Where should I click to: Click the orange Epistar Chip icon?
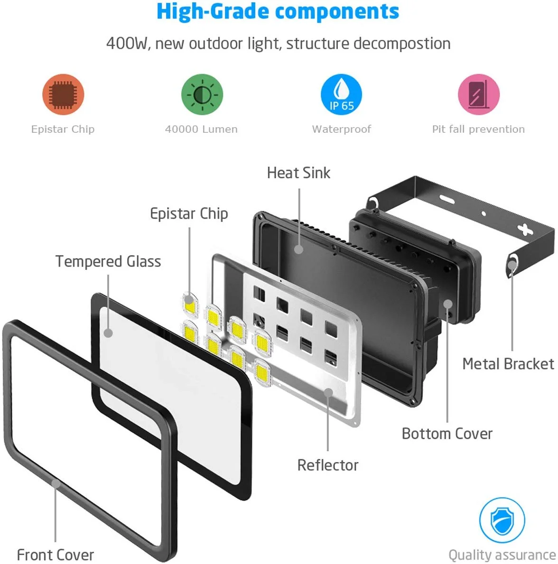click(63, 94)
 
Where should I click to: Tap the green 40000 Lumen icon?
click(202, 94)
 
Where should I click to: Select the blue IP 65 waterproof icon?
click(341, 94)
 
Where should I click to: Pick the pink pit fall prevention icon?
click(478, 94)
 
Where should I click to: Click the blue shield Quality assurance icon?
click(502, 520)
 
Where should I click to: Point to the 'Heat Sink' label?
click(298, 173)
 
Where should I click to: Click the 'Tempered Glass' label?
click(108, 261)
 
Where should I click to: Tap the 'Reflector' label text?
click(328, 465)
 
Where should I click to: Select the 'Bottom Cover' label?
click(447, 434)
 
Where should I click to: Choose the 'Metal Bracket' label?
click(508, 364)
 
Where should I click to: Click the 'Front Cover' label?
click(56, 555)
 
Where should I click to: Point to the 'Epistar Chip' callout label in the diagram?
click(189, 214)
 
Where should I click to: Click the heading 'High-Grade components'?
click(278, 12)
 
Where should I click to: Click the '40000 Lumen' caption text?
click(201, 129)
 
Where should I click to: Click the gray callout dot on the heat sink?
click(299, 249)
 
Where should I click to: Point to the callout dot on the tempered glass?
click(108, 333)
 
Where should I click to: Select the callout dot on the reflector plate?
click(328, 392)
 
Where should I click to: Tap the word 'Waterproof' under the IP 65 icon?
click(342, 129)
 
